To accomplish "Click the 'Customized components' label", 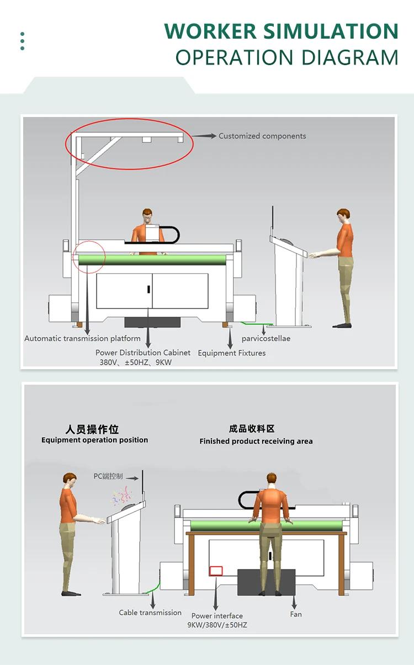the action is (262, 136).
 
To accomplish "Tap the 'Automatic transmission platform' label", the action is (82, 338).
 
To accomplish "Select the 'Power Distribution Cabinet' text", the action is (143, 353).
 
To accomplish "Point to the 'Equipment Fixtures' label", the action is (232, 353).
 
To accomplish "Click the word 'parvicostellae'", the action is (266, 338).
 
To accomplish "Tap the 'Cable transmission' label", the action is (150, 613).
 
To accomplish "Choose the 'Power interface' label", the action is (217, 616).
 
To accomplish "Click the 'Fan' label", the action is (296, 614).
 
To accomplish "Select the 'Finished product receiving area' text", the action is (256, 441).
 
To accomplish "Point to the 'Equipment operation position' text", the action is (95, 440).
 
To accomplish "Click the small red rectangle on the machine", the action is (216, 571).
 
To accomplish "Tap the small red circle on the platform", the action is (88, 256).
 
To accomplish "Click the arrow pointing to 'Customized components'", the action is (204, 136).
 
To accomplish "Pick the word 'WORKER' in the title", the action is (210, 31).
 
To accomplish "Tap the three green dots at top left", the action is (22, 41).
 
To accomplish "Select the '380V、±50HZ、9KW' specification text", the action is (136, 363).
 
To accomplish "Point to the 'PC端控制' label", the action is (108, 476).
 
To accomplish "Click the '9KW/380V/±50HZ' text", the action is (217, 625).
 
